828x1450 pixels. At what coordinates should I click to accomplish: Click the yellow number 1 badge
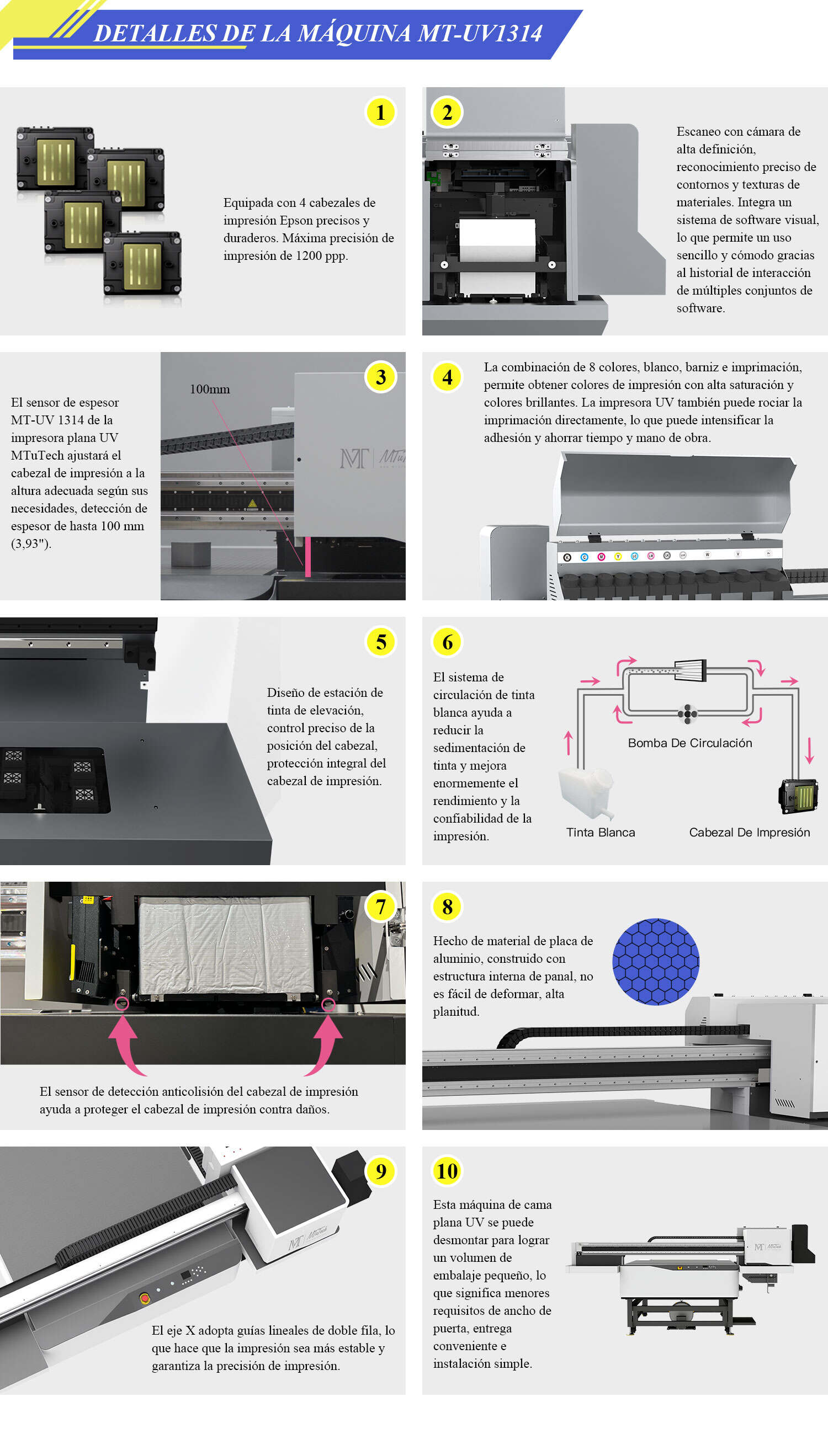pos(380,113)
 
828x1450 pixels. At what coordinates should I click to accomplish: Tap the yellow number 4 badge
pos(448,377)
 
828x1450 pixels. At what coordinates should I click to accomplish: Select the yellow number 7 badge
pos(380,906)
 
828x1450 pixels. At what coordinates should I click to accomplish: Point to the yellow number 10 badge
pos(447,1171)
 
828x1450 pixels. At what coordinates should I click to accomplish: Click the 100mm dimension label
pos(210,390)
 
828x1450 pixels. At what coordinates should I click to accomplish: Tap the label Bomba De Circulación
pos(689,743)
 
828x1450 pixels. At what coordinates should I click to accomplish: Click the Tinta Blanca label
pos(601,832)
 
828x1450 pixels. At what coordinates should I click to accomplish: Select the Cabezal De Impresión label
pos(749,832)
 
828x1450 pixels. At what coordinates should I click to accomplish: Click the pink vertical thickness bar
pos(307,557)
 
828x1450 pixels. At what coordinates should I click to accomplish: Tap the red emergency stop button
pos(145,1298)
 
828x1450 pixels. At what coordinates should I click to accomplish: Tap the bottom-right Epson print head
pos(142,264)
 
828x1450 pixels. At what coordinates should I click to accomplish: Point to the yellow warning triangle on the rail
pos(252,504)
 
